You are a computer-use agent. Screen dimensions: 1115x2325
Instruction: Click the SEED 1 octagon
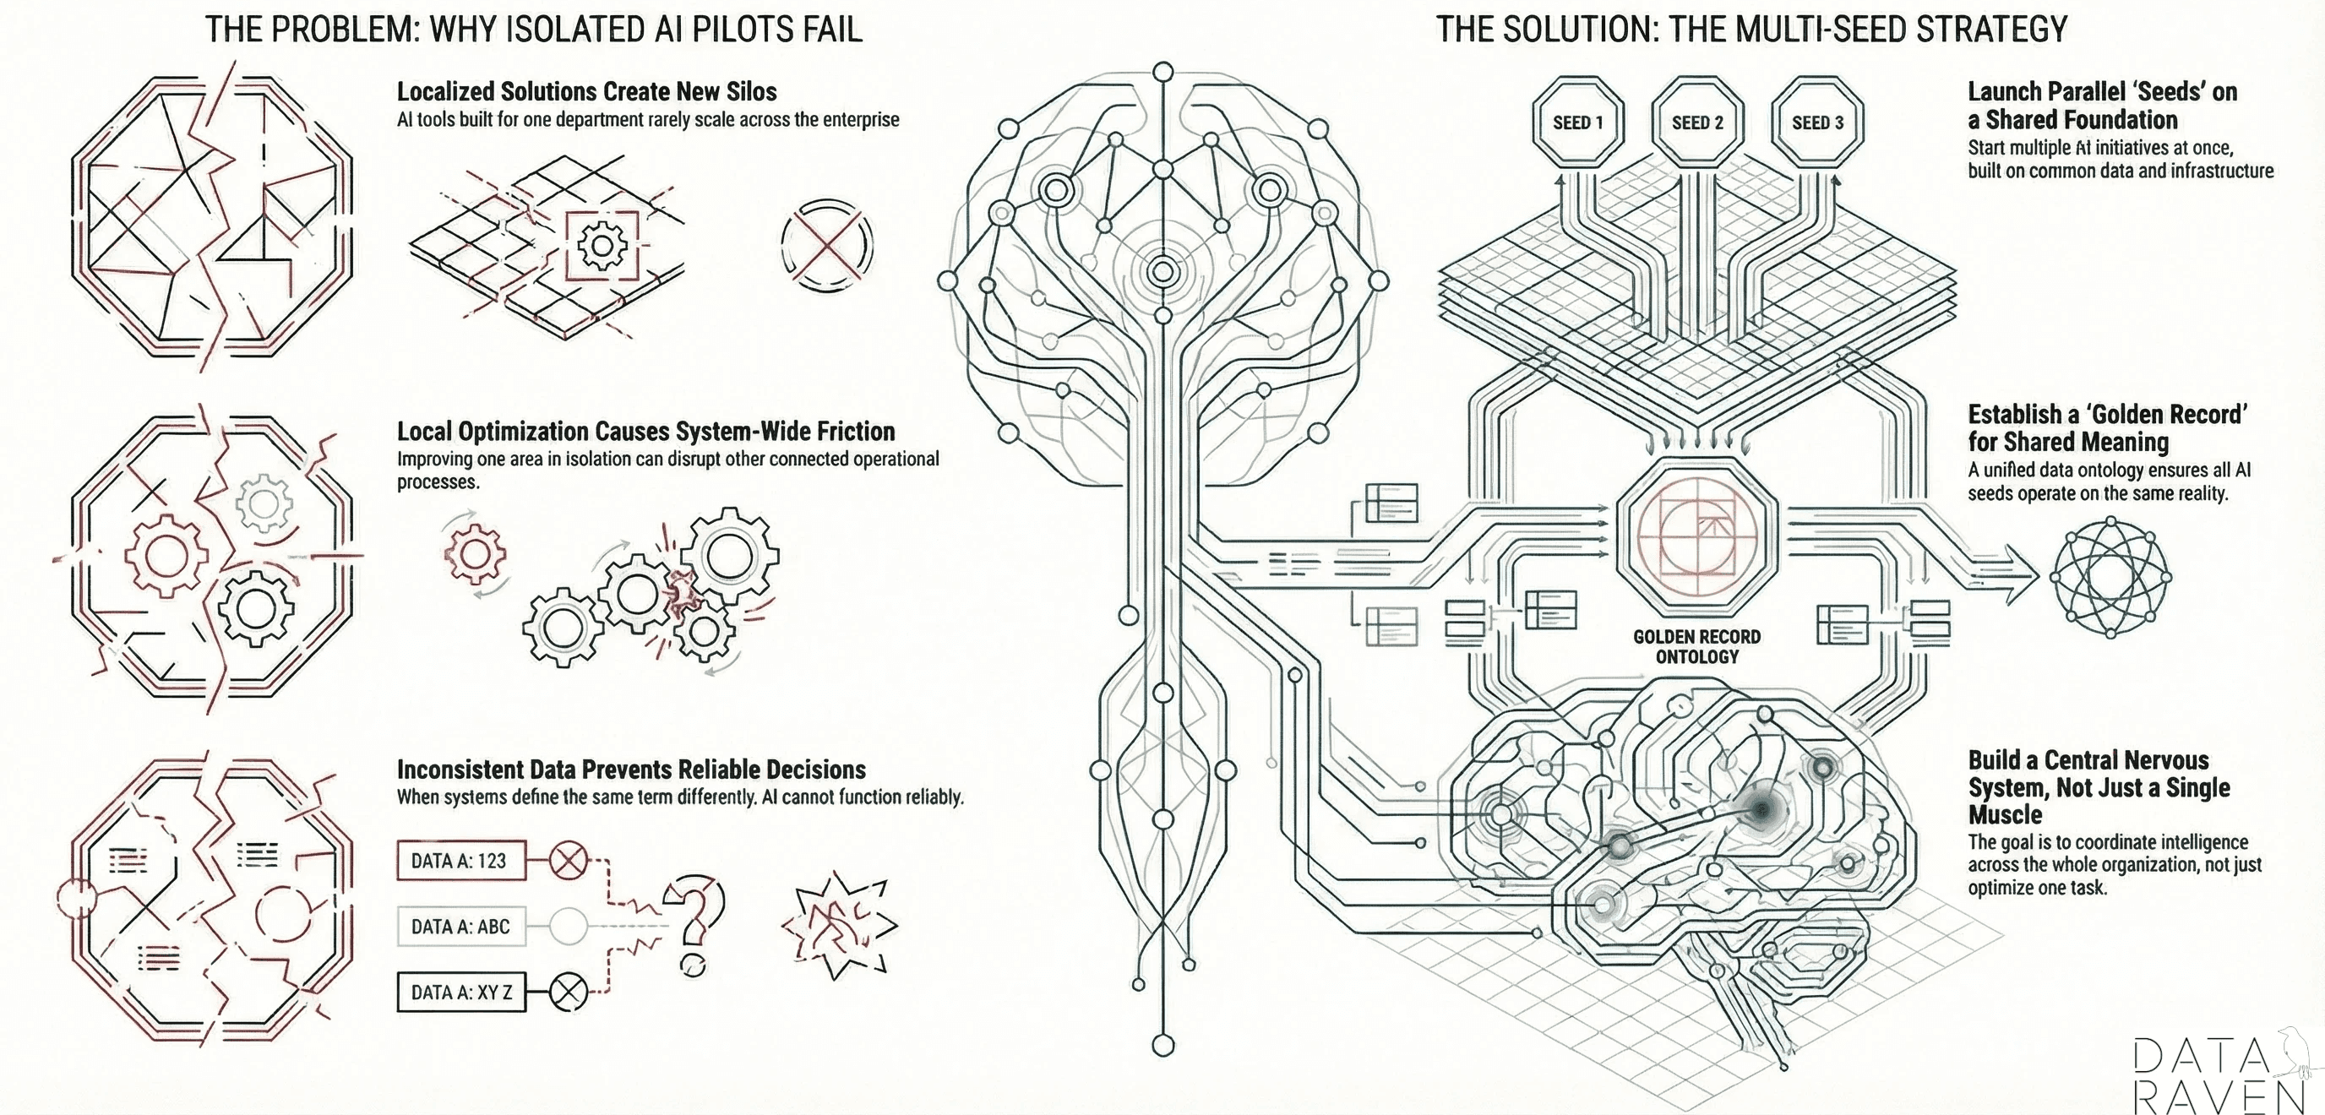[1577, 122]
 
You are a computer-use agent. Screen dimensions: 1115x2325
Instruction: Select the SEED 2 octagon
[1696, 122]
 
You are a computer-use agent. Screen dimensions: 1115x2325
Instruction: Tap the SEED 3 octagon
[1817, 122]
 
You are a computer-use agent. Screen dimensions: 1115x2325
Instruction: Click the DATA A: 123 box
[460, 861]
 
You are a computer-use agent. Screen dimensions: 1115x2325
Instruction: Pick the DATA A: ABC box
[460, 927]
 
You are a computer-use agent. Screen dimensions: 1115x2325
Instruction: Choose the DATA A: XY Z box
[460, 993]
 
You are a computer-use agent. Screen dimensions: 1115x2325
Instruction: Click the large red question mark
[694, 920]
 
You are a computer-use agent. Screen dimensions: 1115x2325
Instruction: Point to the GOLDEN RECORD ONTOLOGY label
[1696, 647]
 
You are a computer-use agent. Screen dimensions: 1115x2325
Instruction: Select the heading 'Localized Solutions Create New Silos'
[586, 92]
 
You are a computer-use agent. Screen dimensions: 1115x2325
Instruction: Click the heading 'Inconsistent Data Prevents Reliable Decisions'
[631, 770]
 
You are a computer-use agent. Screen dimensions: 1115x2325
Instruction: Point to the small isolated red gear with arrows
[475, 553]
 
